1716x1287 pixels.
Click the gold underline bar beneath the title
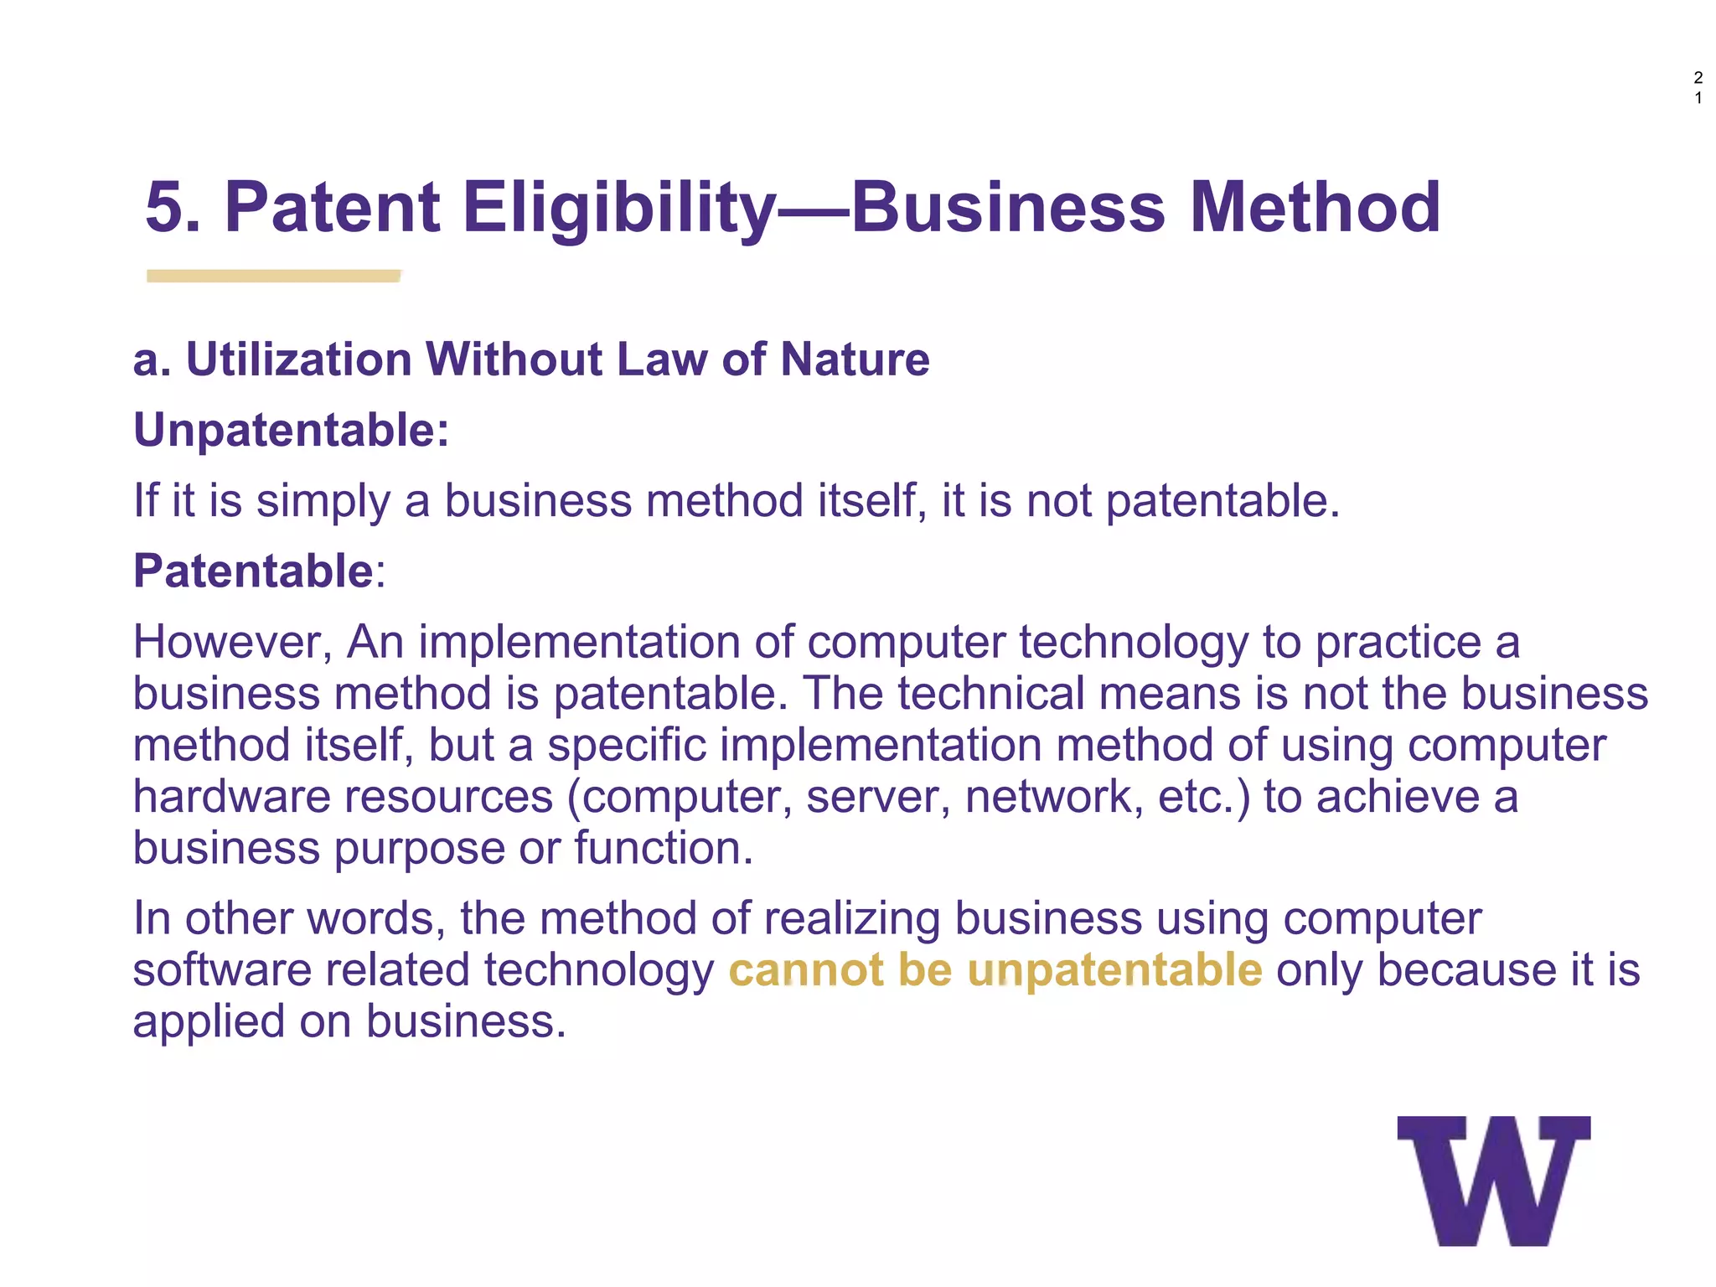[x=273, y=276]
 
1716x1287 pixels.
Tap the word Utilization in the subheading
[x=298, y=359]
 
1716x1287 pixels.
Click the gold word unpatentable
[x=1114, y=971]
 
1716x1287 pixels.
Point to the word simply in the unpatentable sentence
[x=323, y=502]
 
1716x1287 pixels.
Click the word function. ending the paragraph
[x=664, y=848]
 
